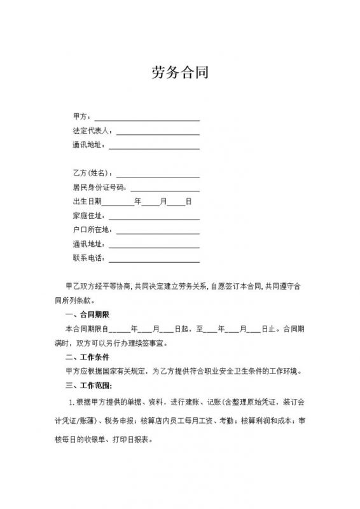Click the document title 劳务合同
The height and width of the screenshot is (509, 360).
(x=179, y=71)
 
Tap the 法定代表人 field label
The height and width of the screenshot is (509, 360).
(x=92, y=131)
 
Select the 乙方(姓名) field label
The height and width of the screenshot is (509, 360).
(x=92, y=173)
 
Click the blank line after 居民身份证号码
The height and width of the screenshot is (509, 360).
(x=165, y=190)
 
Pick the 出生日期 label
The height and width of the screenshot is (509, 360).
(x=87, y=202)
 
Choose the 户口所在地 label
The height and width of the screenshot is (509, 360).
(x=92, y=230)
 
